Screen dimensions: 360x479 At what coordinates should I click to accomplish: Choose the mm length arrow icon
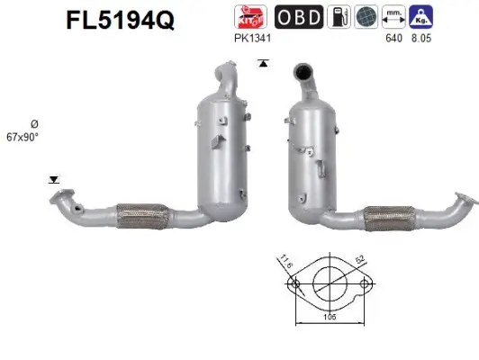(x=394, y=17)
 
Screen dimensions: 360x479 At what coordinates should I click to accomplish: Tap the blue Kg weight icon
(x=421, y=17)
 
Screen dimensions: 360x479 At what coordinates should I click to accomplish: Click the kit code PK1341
(x=249, y=39)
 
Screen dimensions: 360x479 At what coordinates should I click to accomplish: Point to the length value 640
(x=393, y=39)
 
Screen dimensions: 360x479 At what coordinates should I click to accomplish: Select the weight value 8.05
(x=421, y=39)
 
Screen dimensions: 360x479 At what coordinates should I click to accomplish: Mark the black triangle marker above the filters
(x=262, y=62)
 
